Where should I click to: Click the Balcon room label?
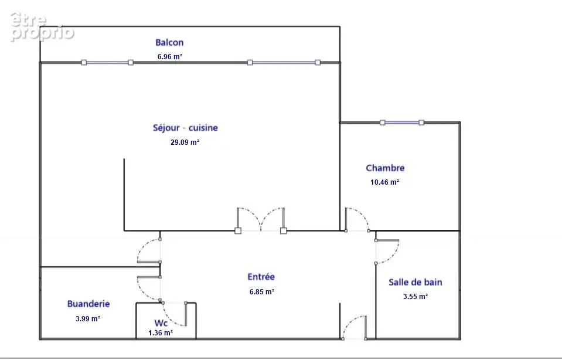169,42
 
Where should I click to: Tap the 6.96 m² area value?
170,57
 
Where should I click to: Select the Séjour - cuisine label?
185,128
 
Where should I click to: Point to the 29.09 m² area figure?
185,142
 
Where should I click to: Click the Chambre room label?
385,168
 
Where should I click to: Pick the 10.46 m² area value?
384,182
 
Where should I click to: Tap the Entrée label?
261,277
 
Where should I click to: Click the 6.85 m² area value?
262,292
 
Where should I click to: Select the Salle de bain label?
415,282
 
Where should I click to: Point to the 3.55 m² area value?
415,297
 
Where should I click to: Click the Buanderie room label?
88,304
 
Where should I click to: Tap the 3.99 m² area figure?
88,318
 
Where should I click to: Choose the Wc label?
161,323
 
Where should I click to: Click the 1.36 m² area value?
161,333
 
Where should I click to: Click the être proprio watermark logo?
42,27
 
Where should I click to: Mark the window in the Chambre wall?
402,123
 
